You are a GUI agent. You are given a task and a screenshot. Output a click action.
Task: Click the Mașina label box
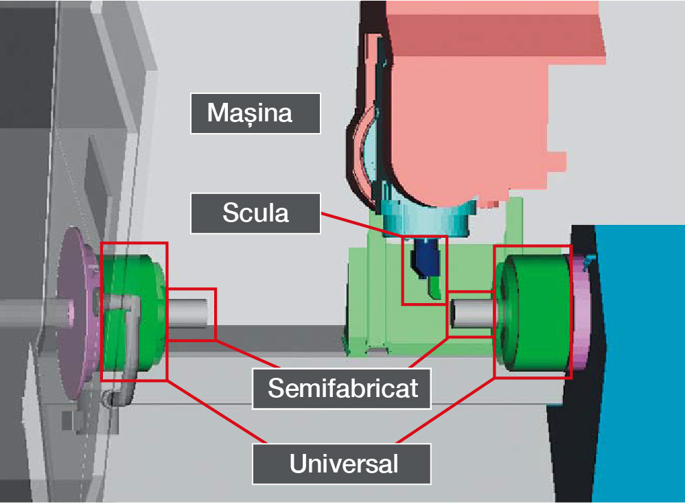tap(255, 112)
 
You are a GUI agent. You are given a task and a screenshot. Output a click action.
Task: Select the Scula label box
tap(255, 213)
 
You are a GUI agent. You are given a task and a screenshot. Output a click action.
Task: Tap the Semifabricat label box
tap(342, 388)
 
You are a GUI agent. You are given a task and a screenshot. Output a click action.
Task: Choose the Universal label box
tap(342, 464)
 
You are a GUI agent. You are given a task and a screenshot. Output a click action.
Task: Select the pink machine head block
tap(467, 103)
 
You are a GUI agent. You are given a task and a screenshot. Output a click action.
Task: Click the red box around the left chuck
tap(101, 309)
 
